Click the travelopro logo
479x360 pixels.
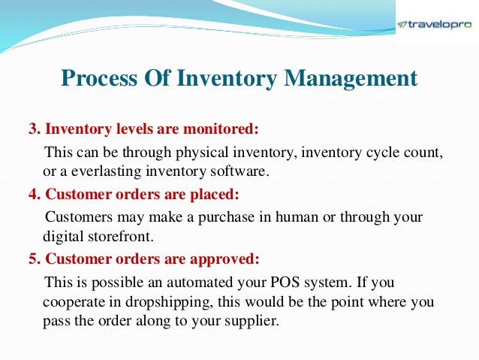pos(435,23)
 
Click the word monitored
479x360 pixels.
pos(226,129)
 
